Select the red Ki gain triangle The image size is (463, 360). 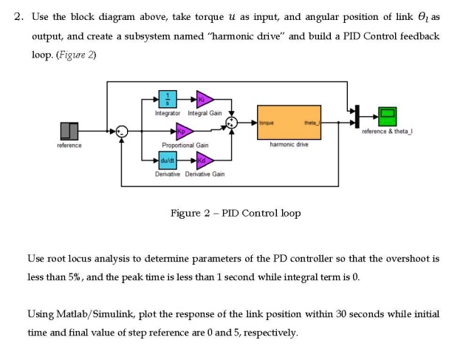pos(204,101)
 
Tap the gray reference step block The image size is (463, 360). pos(69,132)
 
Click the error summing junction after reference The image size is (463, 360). pos(123,132)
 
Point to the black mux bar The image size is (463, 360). pos(357,115)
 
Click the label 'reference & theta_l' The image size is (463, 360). pos(388,131)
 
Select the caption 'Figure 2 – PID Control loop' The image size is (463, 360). pos(235,214)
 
